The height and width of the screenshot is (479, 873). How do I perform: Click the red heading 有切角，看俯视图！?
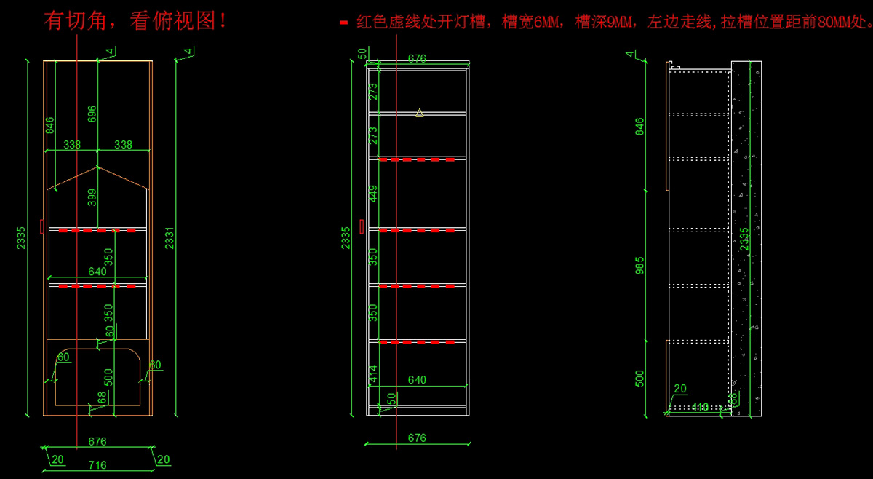click(x=135, y=21)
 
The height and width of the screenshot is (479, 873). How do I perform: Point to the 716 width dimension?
click(x=97, y=464)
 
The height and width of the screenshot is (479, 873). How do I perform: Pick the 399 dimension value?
click(x=92, y=197)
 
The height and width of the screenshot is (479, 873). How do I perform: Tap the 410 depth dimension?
click(x=700, y=407)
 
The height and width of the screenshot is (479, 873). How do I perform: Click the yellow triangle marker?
click(x=420, y=112)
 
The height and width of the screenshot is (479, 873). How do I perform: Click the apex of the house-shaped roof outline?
click(x=97, y=167)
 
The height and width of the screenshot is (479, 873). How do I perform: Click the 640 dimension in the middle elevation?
click(x=417, y=380)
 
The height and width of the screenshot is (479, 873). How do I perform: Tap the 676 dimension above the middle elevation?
click(x=417, y=59)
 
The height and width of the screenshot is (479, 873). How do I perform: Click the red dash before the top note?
click(x=343, y=23)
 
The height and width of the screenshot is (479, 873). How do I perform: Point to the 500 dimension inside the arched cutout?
click(x=108, y=376)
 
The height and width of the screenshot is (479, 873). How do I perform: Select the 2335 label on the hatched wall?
click(x=744, y=239)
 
